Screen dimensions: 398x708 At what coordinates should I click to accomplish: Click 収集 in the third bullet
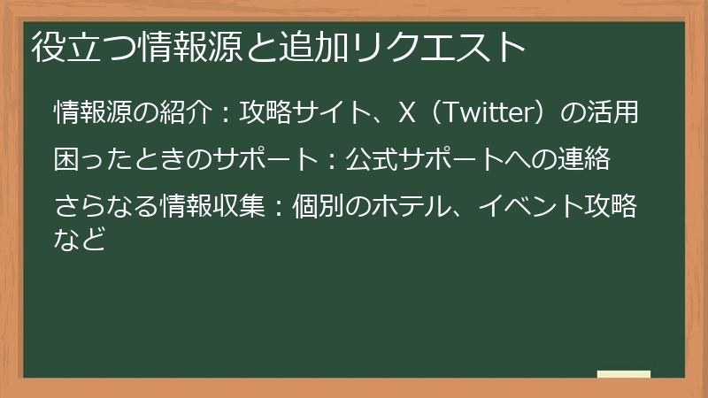click(241, 208)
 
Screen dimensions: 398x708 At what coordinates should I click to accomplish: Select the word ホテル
click(412, 208)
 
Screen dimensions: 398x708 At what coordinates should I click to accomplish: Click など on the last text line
click(81, 236)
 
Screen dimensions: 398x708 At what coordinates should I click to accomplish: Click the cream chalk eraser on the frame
click(623, 375)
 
